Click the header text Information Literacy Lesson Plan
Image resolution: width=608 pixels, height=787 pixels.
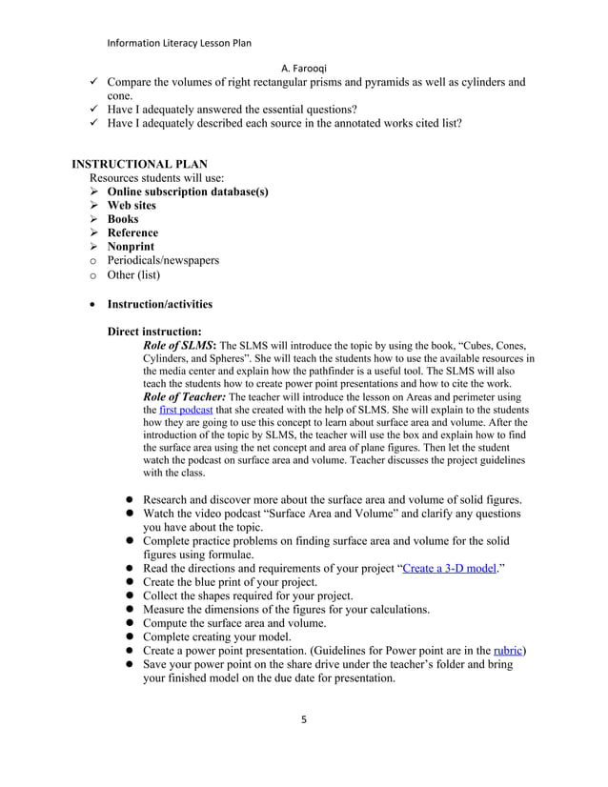point(179,42)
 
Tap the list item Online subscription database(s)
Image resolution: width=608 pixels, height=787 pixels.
point(187,192)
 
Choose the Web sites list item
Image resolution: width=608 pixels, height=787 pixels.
point(132,205)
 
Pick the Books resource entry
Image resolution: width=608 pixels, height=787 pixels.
point(123,219)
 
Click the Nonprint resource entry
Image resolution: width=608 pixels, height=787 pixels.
point(131,246)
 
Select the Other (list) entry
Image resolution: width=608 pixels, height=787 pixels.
point(133,275)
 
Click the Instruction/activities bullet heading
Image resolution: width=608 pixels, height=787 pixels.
point(159,304)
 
